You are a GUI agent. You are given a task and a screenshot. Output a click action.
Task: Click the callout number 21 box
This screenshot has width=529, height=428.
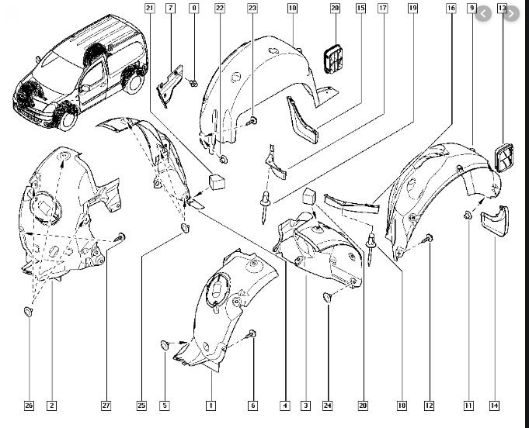click(x=150, y=8)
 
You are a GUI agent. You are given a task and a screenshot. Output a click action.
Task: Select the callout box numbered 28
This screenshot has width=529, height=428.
click(x=335, y=8)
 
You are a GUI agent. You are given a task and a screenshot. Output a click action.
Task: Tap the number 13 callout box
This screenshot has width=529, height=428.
click(x=502, y=8)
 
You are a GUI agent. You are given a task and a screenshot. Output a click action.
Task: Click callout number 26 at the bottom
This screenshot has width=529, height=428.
click(x=29, y=406)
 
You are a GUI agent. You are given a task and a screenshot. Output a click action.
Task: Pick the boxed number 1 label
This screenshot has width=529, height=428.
click(x=211, y=406)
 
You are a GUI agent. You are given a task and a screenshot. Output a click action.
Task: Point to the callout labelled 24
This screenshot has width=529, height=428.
click(x=327, y=406)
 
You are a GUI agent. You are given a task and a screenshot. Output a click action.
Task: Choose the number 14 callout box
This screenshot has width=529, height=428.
click(x=494, y=406)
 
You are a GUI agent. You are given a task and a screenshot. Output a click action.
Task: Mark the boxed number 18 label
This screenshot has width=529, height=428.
click(x=402, y=406)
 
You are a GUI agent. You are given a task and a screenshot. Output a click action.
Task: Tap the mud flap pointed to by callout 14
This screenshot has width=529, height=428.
click(x=496, y=220)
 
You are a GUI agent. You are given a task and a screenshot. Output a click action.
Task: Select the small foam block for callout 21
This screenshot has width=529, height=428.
click(x=217, y=181)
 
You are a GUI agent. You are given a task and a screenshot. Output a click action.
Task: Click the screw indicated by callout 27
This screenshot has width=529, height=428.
click(x=120, y=237)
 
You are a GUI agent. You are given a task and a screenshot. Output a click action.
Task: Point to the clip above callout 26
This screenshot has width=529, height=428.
click(x=28, y=312)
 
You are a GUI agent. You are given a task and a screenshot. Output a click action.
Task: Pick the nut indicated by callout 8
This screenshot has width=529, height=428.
click(x=193, y=83)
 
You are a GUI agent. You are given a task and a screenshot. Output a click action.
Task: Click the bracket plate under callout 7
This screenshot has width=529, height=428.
click(x=169, y=86)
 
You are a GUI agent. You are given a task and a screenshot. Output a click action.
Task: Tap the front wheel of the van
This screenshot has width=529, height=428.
click(x=67, y=121)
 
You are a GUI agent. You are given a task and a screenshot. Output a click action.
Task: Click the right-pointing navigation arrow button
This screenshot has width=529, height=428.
click(x=511, y=14)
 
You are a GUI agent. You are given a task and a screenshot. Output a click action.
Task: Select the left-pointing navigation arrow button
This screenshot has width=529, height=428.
click(x=483, y=14)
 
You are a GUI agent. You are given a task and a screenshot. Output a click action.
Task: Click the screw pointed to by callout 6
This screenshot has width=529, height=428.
click(x=252, y=334)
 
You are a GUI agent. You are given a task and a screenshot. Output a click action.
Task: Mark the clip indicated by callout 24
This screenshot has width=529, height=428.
click(x=327, y=297)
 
